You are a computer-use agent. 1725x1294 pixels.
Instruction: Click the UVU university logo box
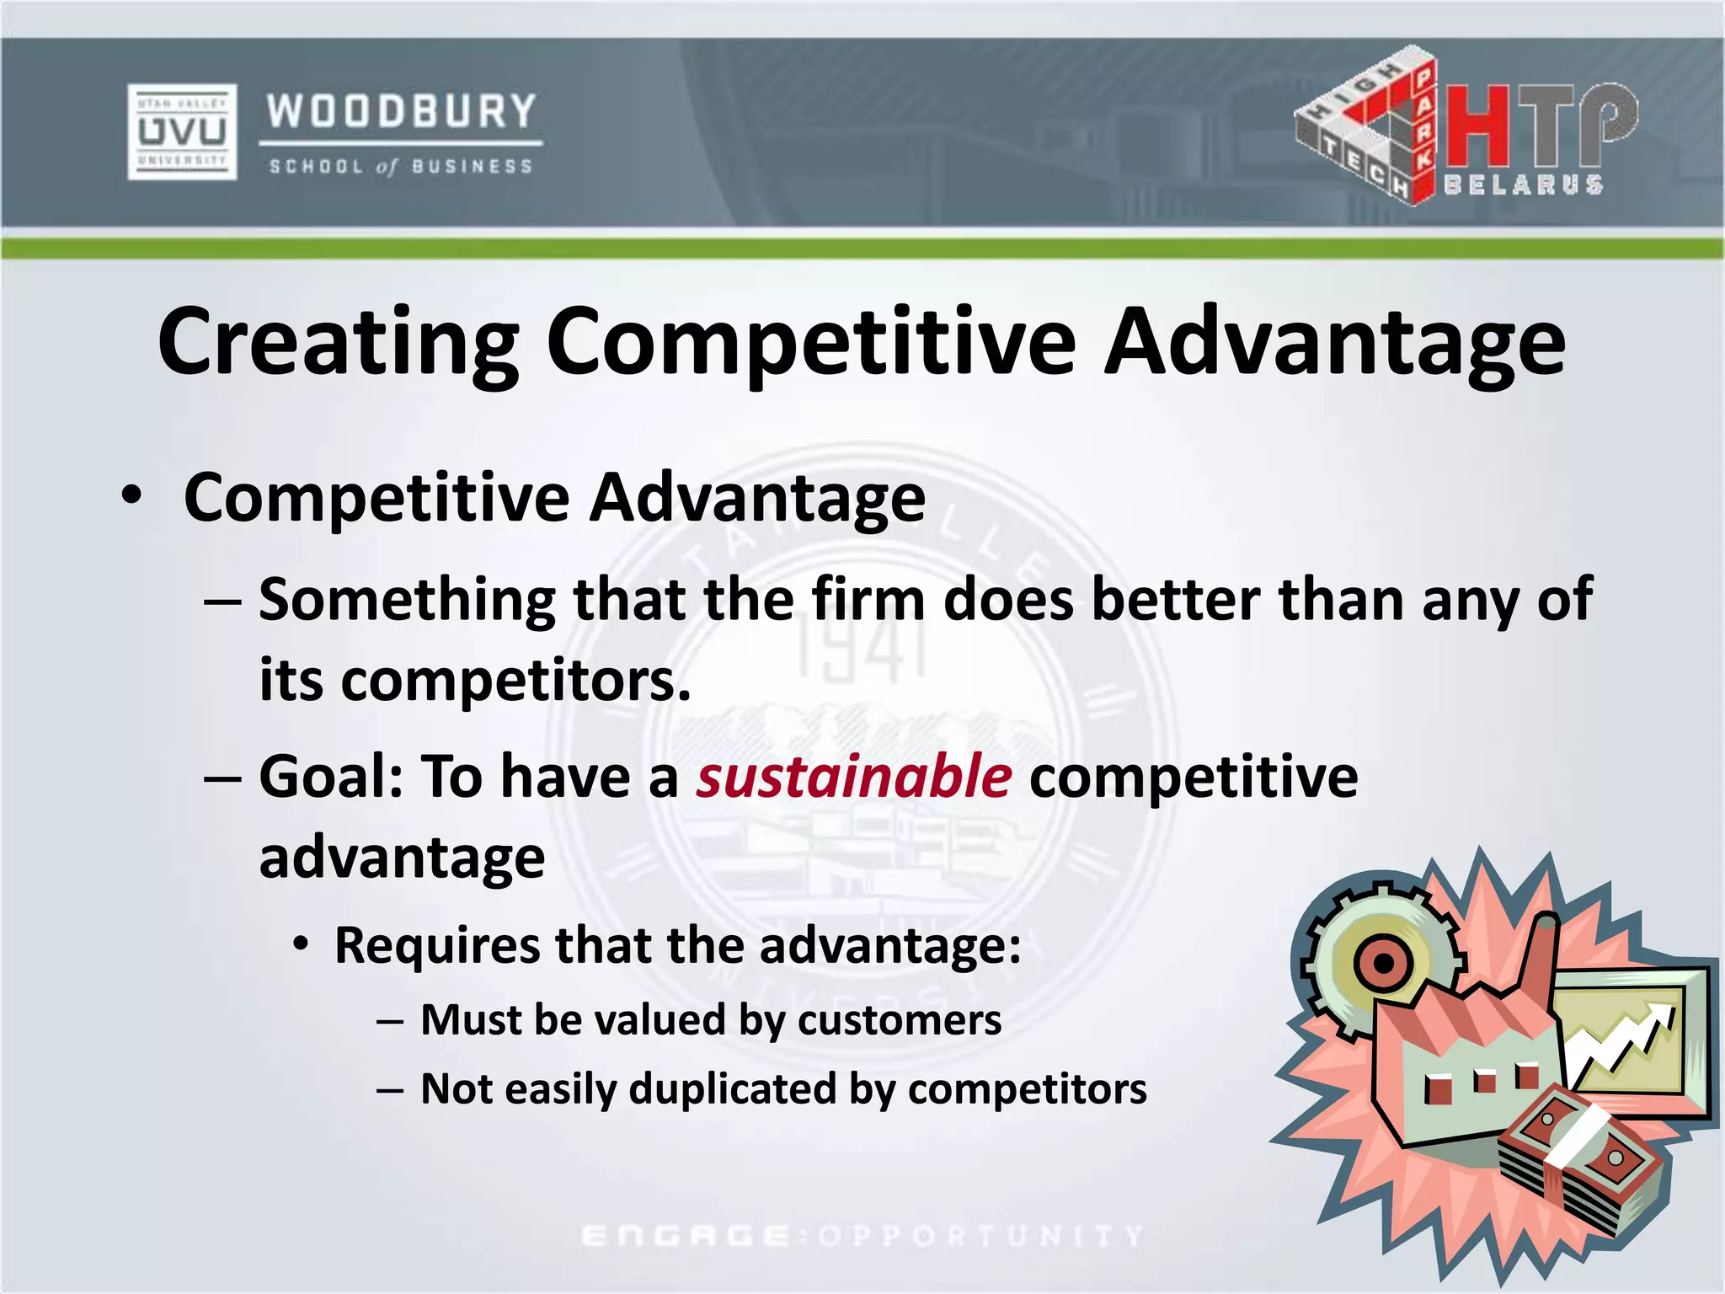182,131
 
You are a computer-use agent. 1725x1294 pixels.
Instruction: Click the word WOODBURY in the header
401,112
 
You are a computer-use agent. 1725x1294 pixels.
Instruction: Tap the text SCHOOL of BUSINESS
401,167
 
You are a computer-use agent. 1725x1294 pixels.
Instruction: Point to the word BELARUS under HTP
1523,185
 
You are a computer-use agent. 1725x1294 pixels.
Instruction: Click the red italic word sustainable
853,776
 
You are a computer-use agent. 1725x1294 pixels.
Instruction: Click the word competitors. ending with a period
515,681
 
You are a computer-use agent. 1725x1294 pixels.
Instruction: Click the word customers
900,1020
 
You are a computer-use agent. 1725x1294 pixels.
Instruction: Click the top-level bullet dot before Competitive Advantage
131,495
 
